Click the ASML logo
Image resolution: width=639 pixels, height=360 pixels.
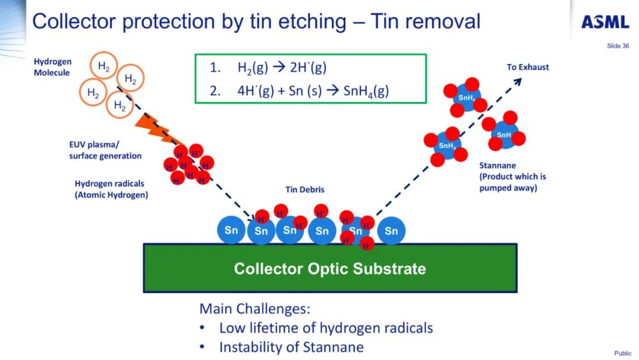pos(605,22)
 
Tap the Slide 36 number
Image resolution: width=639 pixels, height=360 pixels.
pos(618,46)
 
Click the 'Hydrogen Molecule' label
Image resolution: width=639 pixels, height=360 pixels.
pos(52,67)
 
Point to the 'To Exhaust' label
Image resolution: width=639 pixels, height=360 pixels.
pos(528,67)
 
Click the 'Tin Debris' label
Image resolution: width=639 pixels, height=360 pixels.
pos(305,190)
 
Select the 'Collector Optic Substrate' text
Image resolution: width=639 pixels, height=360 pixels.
pos(330,269)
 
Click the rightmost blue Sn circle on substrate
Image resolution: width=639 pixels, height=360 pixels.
pos(391,231)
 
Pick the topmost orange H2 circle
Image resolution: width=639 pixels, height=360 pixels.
pos(104,67)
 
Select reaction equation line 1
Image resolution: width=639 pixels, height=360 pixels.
pos(267,68)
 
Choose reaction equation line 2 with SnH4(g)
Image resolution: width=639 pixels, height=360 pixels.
pos(299,91)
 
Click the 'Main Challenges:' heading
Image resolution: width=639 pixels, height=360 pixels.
pos(254,309)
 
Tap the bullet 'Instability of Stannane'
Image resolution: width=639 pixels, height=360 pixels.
pos(291,347)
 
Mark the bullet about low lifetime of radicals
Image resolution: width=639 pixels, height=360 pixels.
pos(326,328)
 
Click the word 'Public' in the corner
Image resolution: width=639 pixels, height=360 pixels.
pos(622,353)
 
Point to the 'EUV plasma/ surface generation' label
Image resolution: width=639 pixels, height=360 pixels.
pos(105,150)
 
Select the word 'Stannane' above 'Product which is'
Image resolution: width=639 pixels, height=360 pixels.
pos(498,166)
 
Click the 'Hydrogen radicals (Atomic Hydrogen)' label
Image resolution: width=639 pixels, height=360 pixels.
pos(111,189)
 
